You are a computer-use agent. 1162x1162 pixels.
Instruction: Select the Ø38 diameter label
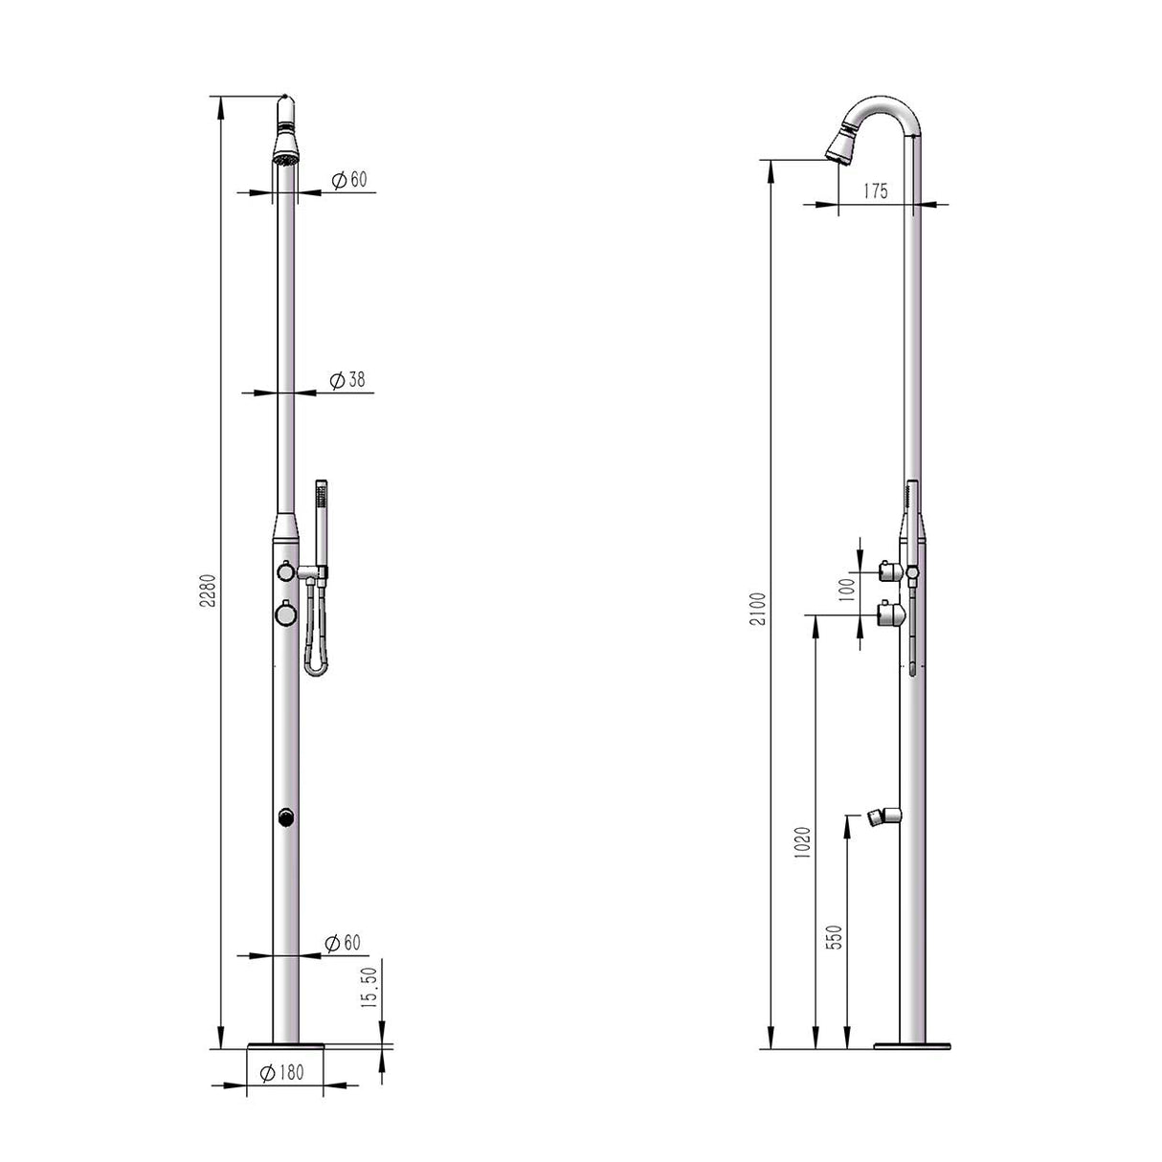347,380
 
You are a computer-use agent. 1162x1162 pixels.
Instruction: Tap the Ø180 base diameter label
282,1072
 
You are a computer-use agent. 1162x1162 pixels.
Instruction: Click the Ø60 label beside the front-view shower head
349,179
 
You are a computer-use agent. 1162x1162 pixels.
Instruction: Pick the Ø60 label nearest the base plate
343,943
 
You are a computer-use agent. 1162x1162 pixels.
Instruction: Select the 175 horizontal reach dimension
875,190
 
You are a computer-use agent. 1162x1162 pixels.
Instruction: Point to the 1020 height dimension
803,842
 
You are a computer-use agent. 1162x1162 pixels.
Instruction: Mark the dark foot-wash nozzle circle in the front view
285,816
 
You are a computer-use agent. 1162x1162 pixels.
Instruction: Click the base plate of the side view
913,1044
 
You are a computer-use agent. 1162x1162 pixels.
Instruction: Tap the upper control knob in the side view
888,571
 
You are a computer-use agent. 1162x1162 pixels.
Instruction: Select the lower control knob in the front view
284,611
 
